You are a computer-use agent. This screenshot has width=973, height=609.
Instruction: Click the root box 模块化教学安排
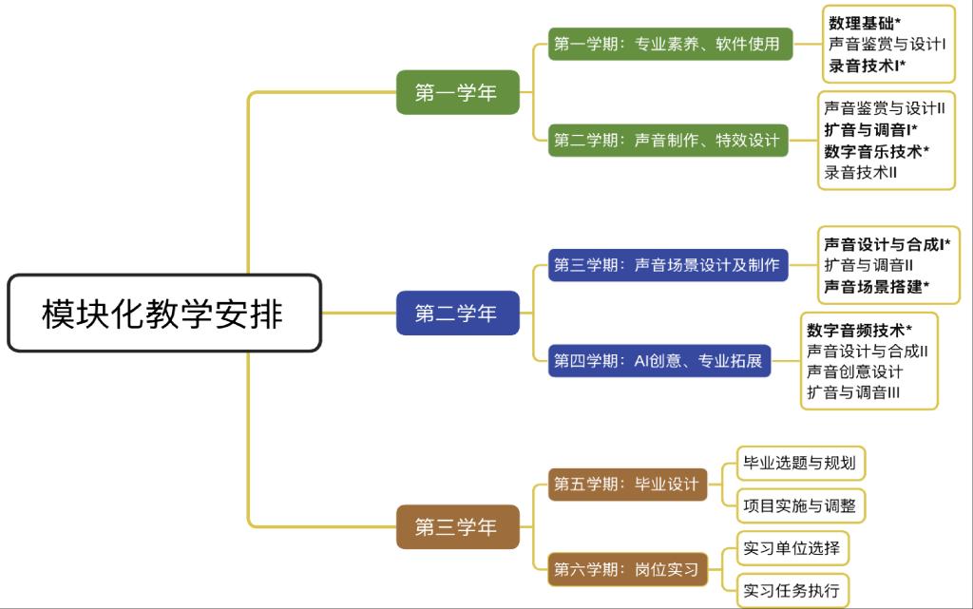tap(163, 314)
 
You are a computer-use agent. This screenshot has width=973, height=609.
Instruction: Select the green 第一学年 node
tap(457, 92)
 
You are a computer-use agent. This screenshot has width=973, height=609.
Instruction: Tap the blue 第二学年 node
tap(457, 313)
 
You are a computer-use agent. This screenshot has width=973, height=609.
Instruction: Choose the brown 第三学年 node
tap(457, 526)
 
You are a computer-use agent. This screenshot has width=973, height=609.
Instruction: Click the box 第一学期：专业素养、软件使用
tap(670, 44)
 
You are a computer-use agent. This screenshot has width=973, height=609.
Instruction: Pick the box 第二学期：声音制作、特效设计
tap(670, 141)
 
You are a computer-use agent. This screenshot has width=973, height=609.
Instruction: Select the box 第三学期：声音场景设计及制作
tap(669, 265)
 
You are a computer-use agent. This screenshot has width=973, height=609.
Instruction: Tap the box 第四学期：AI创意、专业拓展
tap(659, 361)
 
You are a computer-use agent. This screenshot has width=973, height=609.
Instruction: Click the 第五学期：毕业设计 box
tap(627, 484)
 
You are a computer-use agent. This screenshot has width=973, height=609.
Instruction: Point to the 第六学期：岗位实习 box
tap(627, 570)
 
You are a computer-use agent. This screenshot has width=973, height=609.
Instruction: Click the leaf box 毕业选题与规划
tap(800, 464)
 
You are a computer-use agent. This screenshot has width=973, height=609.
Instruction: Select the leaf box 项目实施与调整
tap(800, 505)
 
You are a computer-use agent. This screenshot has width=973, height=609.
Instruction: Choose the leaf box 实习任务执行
tap(792, 590)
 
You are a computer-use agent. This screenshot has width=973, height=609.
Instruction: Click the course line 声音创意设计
tap(854, 371)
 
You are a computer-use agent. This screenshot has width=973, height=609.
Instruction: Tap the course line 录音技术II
tap(861, 172)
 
